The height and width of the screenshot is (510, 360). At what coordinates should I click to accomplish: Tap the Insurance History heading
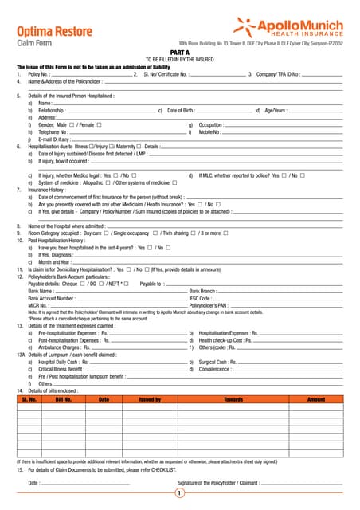tap(47, 190)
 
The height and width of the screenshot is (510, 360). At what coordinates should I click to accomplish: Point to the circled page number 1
tap(180, 494)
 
